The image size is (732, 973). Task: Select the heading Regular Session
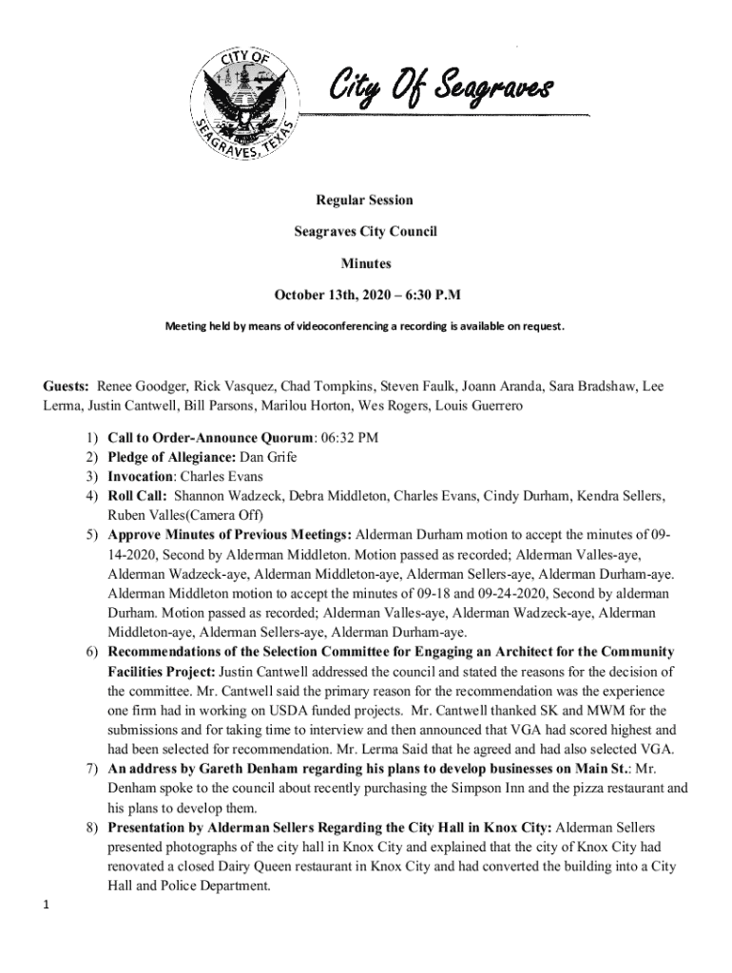[365, 200]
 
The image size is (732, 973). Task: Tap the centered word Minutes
[365, 263]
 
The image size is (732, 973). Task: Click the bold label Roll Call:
[138, 496]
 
